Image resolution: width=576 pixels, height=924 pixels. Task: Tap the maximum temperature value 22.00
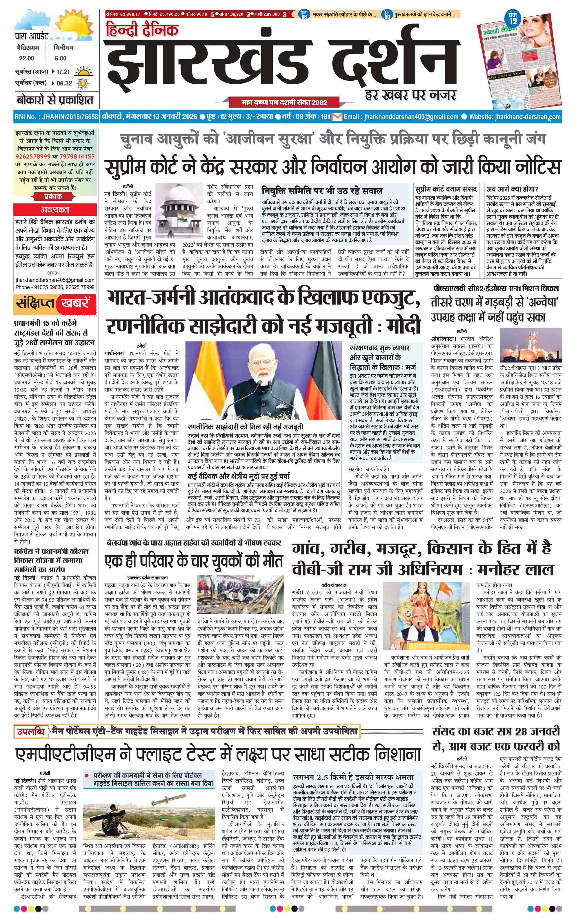[x=27, y=58]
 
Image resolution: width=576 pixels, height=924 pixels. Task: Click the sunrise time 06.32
[x=64, y=83]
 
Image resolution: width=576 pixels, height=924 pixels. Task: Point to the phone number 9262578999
[x=33, y=156]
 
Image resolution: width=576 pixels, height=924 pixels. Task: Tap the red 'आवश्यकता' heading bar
[x=55, y=210]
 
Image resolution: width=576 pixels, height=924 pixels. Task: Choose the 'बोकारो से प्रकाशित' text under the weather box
[x=55, y=101]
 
